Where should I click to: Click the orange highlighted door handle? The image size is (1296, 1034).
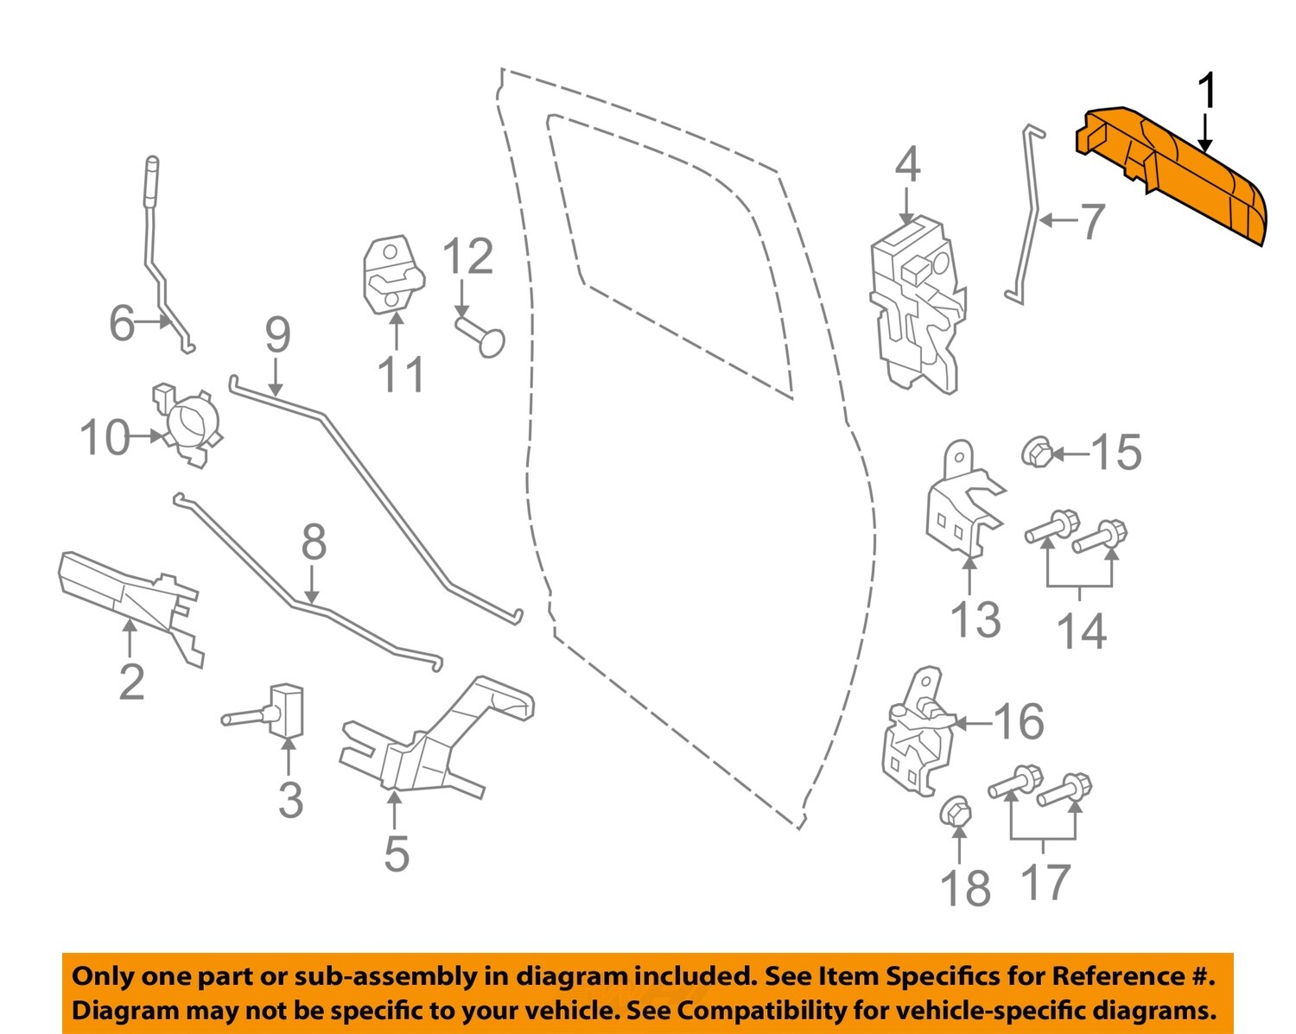tap(1175, 173)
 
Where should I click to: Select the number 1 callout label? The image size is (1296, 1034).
tap(1207, 92)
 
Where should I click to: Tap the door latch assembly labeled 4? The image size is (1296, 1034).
tap(916, 302)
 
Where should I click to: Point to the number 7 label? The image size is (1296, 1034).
tap(1092, 221)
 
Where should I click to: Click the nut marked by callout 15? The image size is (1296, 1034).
tap(1035, 452)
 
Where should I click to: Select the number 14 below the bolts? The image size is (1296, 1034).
tap(1081, 631)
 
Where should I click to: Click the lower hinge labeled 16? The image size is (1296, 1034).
tap(917, 734)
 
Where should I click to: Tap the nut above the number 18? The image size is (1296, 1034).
tap(956, 812)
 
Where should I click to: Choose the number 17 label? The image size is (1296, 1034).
tap(1045, 882)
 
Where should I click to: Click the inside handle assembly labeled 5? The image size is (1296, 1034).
tap(432, 743)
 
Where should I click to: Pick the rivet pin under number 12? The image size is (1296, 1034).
tap(480, 336)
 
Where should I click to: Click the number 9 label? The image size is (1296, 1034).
tap(277, 335)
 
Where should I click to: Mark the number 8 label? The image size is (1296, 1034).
tap(314, 542)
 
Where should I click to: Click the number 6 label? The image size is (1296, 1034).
tap(122, 323)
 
